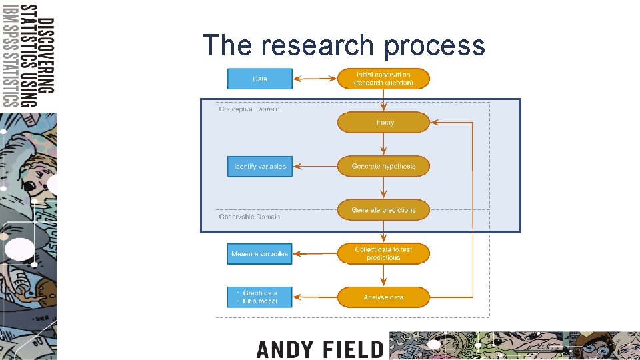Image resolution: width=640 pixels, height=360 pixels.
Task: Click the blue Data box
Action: (x=260, y=79)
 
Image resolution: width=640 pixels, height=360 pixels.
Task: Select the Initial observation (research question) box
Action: (x=383, y=79)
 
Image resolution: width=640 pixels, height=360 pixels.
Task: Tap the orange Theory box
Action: (x=383, y=123)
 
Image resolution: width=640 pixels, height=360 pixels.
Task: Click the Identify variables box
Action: (x=260, y=166)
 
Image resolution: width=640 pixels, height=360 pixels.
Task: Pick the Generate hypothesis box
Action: (x=383, y=166)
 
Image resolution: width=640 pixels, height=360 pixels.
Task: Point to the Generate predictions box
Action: (x=383, y=210)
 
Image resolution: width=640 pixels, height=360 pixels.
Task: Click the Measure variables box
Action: (x=260, y=254)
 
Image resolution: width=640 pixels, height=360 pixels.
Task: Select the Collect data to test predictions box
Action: (x=383, y=254)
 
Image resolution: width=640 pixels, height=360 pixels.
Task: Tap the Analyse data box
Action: (x=383, y=297)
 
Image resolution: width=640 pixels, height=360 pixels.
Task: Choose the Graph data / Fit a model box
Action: (x=260, y=297)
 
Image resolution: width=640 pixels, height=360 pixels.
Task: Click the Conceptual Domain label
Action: (x=249, y=109)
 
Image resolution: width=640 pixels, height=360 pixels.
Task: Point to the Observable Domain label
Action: (x=249, y=217)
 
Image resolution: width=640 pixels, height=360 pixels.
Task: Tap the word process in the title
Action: (x=434, y=45)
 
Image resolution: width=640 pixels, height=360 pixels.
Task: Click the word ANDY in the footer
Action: (x=283, y=349)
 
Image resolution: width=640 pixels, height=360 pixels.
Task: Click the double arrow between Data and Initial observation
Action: (x=315, y=79)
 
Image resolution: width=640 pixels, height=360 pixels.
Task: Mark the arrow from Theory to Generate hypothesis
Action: (x=383, y=144)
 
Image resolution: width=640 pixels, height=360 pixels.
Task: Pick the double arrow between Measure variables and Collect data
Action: (x=315, y=254)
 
